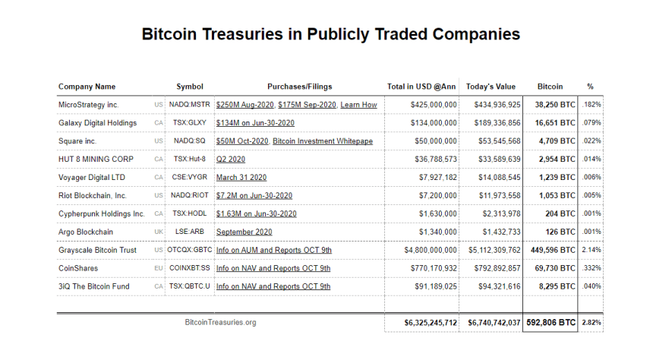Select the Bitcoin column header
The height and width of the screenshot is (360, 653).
550,87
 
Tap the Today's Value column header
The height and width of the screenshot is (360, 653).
491,87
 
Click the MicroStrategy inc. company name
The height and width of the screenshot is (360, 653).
88,105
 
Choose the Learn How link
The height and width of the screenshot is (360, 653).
358,105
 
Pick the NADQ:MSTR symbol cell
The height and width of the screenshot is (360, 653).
190,105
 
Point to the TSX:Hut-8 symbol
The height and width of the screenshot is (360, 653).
190,159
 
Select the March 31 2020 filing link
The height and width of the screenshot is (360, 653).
241,178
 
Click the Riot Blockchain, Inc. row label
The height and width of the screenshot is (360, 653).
93,196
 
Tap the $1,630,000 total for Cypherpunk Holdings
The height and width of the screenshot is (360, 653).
433,214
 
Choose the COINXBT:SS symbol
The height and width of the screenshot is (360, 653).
190,268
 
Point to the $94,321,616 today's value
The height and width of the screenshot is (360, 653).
492,286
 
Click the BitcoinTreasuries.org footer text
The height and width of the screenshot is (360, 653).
220,323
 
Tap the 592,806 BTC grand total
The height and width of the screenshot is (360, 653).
550,323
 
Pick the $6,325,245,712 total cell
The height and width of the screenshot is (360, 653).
431,323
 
